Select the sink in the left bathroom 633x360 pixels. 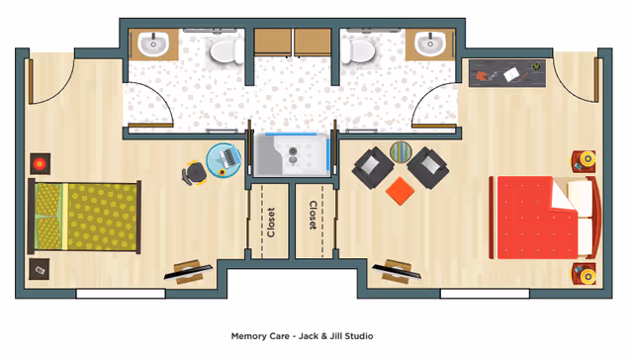pos(153,45)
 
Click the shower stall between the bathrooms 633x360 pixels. pos(290,154)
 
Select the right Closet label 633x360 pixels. pos(313,216)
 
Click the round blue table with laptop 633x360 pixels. pos(225,160)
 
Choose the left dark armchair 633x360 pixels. pos(373,167)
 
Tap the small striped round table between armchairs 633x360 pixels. pos(401,152)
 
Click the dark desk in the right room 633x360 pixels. pos(506,72)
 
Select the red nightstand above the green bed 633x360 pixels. pos(40,162)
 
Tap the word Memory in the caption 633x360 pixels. pos(248,336)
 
